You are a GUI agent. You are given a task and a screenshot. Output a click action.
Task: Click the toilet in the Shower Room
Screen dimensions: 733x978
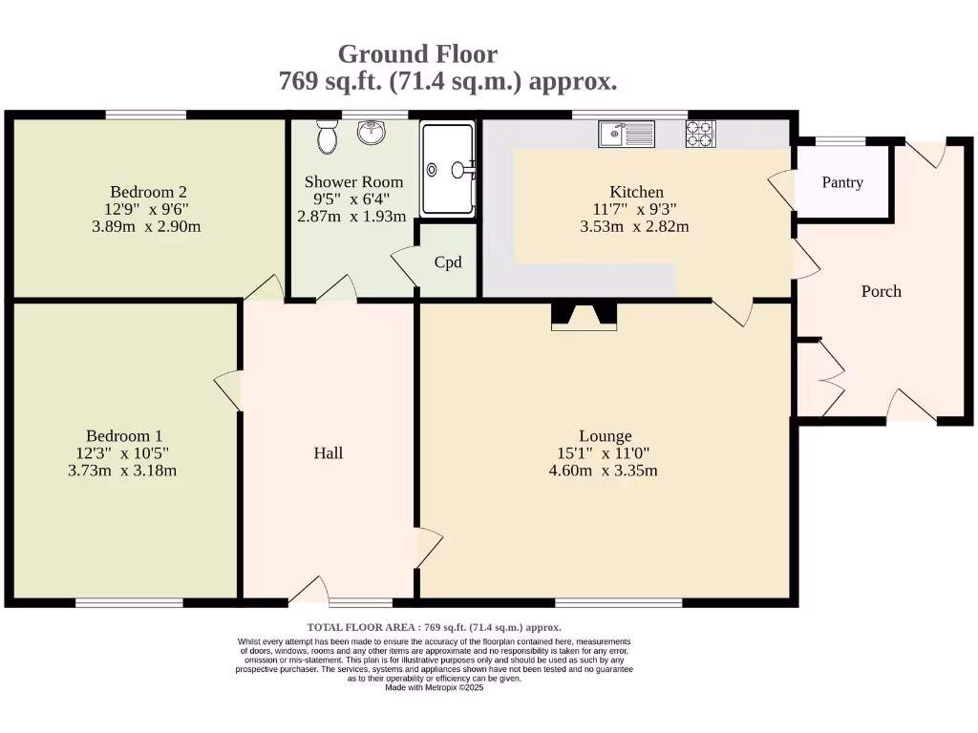[x=328, y=138]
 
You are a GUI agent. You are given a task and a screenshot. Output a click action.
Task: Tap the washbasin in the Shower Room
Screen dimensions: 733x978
[x=372, y=134]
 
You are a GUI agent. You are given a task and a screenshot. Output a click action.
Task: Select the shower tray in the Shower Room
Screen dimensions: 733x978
[x=448, y=170]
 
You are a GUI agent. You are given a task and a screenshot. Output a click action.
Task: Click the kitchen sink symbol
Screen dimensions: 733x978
[x=627, y=135]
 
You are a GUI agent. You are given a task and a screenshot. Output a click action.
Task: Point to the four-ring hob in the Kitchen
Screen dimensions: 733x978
[x=700, y=134]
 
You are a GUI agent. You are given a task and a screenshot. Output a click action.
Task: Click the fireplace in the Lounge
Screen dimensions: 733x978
[x=585, y=317]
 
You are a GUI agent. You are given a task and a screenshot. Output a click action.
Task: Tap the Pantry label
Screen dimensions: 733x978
[x=842, y=182]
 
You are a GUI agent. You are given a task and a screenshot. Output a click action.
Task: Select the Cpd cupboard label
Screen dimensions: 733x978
[x=448, y=262]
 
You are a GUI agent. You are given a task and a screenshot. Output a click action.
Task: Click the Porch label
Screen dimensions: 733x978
[x=881, y=291]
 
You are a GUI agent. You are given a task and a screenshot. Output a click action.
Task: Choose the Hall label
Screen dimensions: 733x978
[x=328, y=452]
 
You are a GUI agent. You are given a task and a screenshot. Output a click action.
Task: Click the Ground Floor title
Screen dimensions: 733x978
[x=417, y=53]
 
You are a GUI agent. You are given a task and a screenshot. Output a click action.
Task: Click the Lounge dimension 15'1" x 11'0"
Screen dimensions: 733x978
[x=606, y=453]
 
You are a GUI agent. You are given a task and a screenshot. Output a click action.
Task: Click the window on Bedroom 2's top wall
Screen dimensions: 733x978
[x=145, y=115]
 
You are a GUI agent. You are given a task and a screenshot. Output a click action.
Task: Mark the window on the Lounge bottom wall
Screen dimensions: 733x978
[x=619, y=602]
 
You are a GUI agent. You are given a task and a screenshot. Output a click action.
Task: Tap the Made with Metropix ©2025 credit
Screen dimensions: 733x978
[x=435, y=687]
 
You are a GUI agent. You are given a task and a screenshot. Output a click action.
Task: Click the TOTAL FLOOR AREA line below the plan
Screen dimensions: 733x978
[x=435, y=627]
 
